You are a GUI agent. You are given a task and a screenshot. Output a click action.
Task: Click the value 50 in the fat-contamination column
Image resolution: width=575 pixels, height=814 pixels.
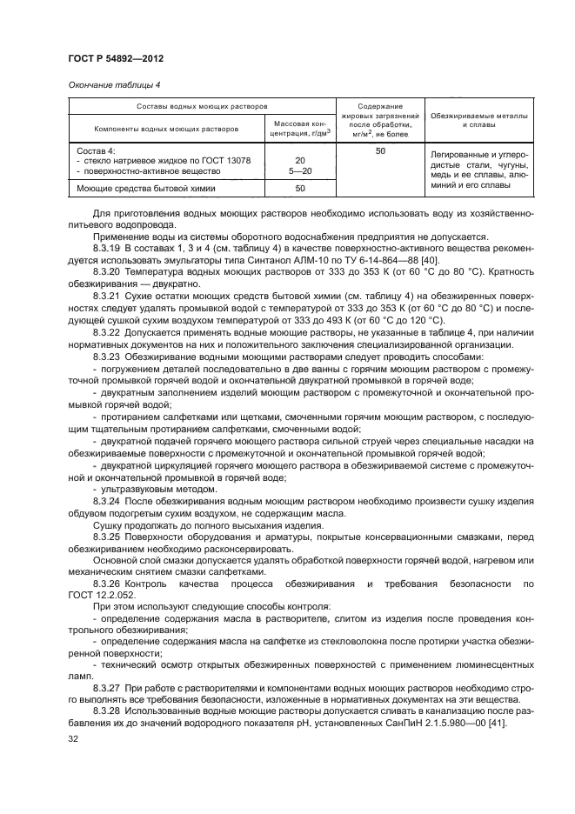click(379, 151)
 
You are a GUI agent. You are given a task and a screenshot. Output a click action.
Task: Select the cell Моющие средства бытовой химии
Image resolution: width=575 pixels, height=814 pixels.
click(134, 188)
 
